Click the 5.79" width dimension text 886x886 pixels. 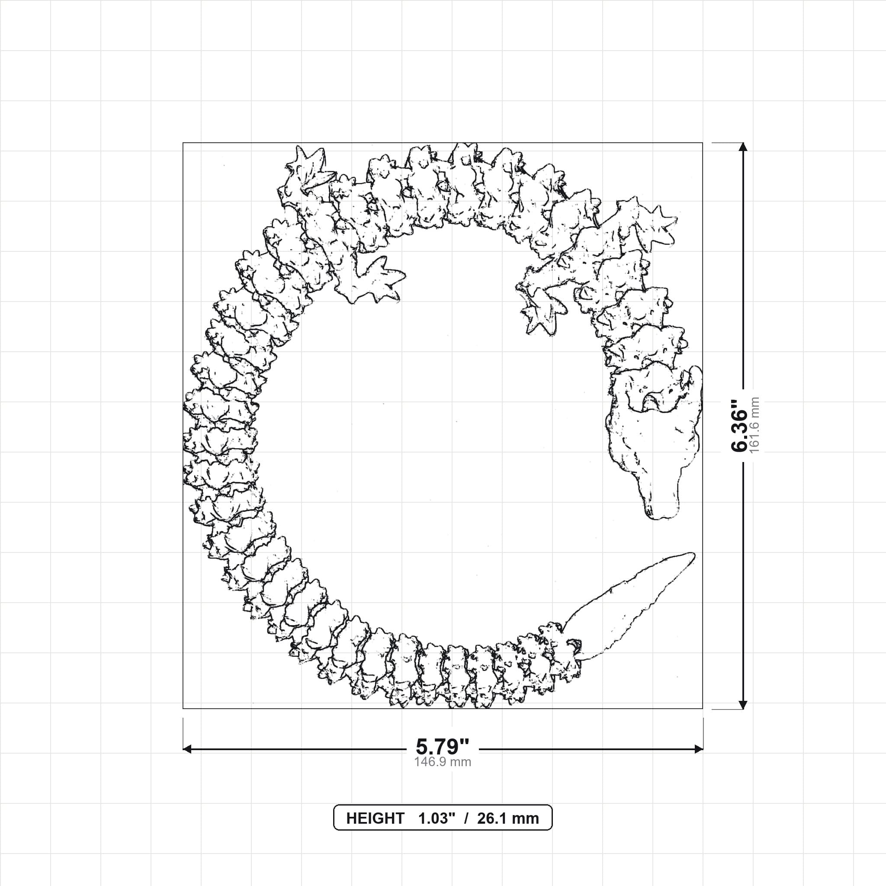coord(443,747)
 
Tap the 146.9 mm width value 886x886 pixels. coord(443,762)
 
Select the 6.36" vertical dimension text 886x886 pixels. coord(740,426)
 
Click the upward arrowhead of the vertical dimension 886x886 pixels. coord(743,147)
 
